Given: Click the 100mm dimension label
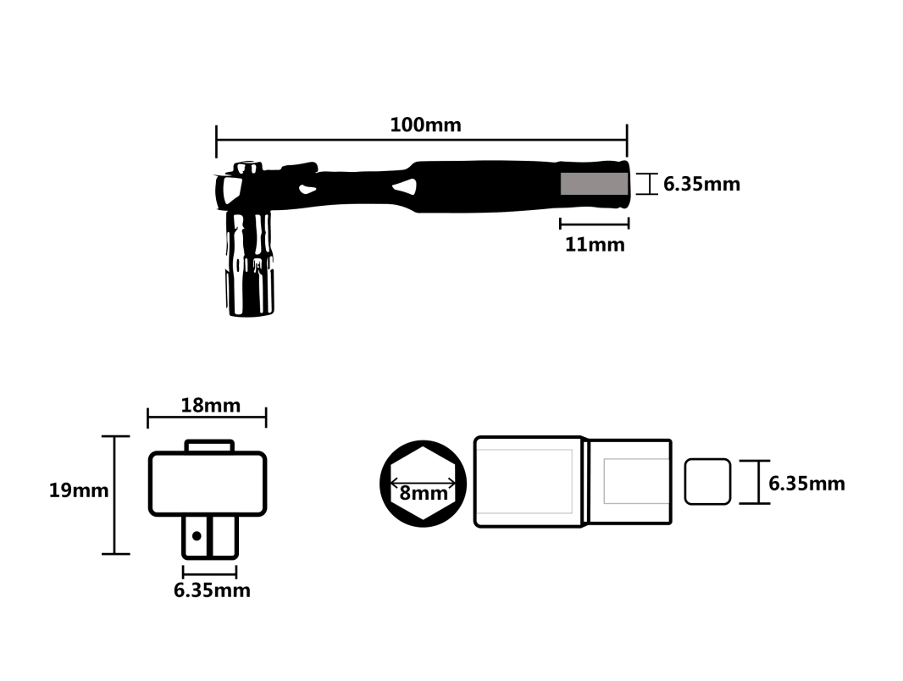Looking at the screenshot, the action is pyautogui.click(x=425, y=125).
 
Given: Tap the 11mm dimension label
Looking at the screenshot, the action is pyautogui.click(x=595, y=245).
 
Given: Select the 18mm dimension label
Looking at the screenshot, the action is pyautogui.click(x=210, y=405).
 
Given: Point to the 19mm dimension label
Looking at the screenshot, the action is pyautogui.click(x=78, y=490).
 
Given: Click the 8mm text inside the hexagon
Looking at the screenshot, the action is pyautogui.click(x=424, y=493).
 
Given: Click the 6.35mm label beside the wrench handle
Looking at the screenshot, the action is pyautogui.click(x=701, y=184).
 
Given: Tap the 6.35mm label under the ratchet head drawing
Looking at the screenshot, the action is pyautogui.click(x=212, y=590).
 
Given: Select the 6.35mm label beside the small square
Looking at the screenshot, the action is pyautogui.click(x=806, y=484).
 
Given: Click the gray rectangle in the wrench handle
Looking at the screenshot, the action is pyautogui.click(x=595, y=184).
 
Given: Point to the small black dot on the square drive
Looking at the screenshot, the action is pyautogui.click(x=197, y=536).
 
